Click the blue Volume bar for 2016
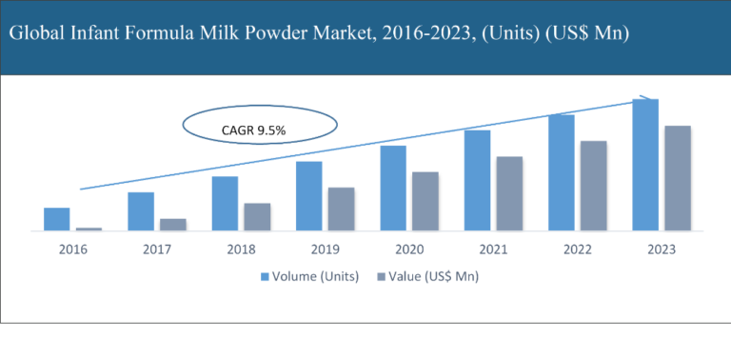point(57,219)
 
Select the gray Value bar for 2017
point(173,225)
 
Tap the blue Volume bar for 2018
point(225,203)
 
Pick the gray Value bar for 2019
point(342,209)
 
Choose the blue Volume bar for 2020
point(393,188)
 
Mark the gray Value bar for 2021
point(509,193)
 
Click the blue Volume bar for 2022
point(561,172)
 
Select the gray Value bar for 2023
point(677,178)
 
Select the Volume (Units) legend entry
point(309,277)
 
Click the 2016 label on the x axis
point(72,250)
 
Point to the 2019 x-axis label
point(325,250)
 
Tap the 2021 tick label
point(493,250)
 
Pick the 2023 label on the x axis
point(661,250)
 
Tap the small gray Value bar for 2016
point(89,229)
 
